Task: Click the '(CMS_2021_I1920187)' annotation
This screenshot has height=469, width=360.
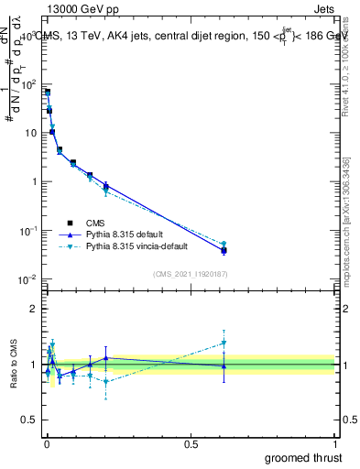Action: coord(189,273)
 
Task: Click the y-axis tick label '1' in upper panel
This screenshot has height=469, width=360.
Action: coord(33,181)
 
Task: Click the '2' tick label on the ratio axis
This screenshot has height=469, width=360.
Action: coord(33,309)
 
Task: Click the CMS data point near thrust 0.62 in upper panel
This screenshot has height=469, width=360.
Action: coord(224,249)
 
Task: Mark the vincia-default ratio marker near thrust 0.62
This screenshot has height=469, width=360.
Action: coord(224,343)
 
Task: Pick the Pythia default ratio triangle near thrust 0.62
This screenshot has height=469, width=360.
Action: coord(224,365)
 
